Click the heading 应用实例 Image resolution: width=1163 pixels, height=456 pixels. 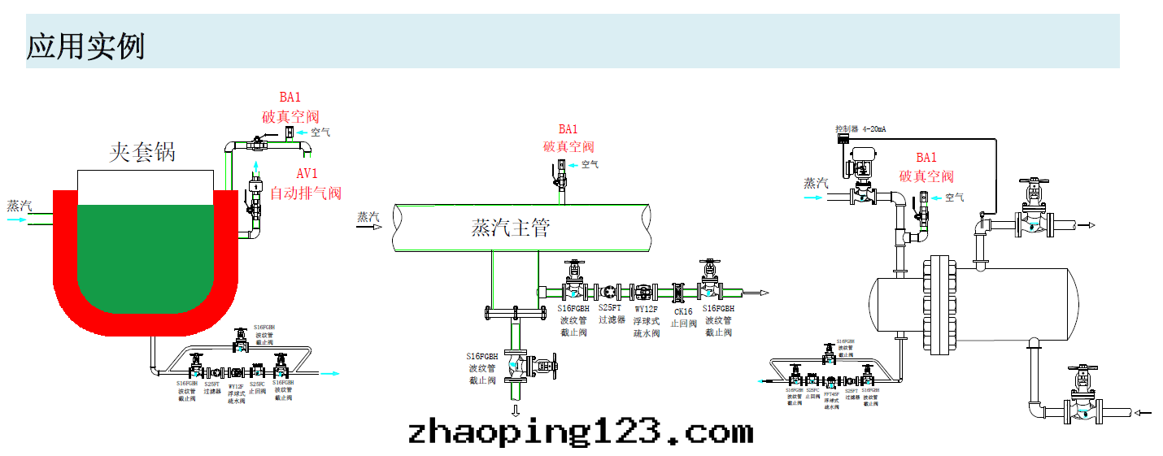tap(86, 46)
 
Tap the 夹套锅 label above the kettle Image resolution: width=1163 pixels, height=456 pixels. tap(142, 152)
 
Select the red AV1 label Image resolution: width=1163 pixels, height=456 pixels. tap(307, 174)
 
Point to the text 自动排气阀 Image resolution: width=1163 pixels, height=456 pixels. tap(306, 193)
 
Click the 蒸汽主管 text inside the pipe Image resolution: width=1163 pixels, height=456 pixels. tap(511, 228)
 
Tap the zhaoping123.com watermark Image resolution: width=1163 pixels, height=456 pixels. tap(581, 432)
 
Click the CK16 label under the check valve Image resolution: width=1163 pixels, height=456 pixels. tap(683, 311)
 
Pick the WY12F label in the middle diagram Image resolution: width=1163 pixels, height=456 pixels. tap(646, 309)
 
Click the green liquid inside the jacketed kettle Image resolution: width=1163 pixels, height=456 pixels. tap(146, 252)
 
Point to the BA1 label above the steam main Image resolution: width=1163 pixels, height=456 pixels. tap(568, 129)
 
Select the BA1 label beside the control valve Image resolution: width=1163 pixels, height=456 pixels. tap(926, 158)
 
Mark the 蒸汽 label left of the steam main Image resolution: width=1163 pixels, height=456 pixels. tap(368, 216)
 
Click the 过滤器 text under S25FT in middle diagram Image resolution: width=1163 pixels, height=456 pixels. tap(612, 320)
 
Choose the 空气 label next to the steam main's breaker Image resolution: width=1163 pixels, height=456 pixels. tap(590, 164)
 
